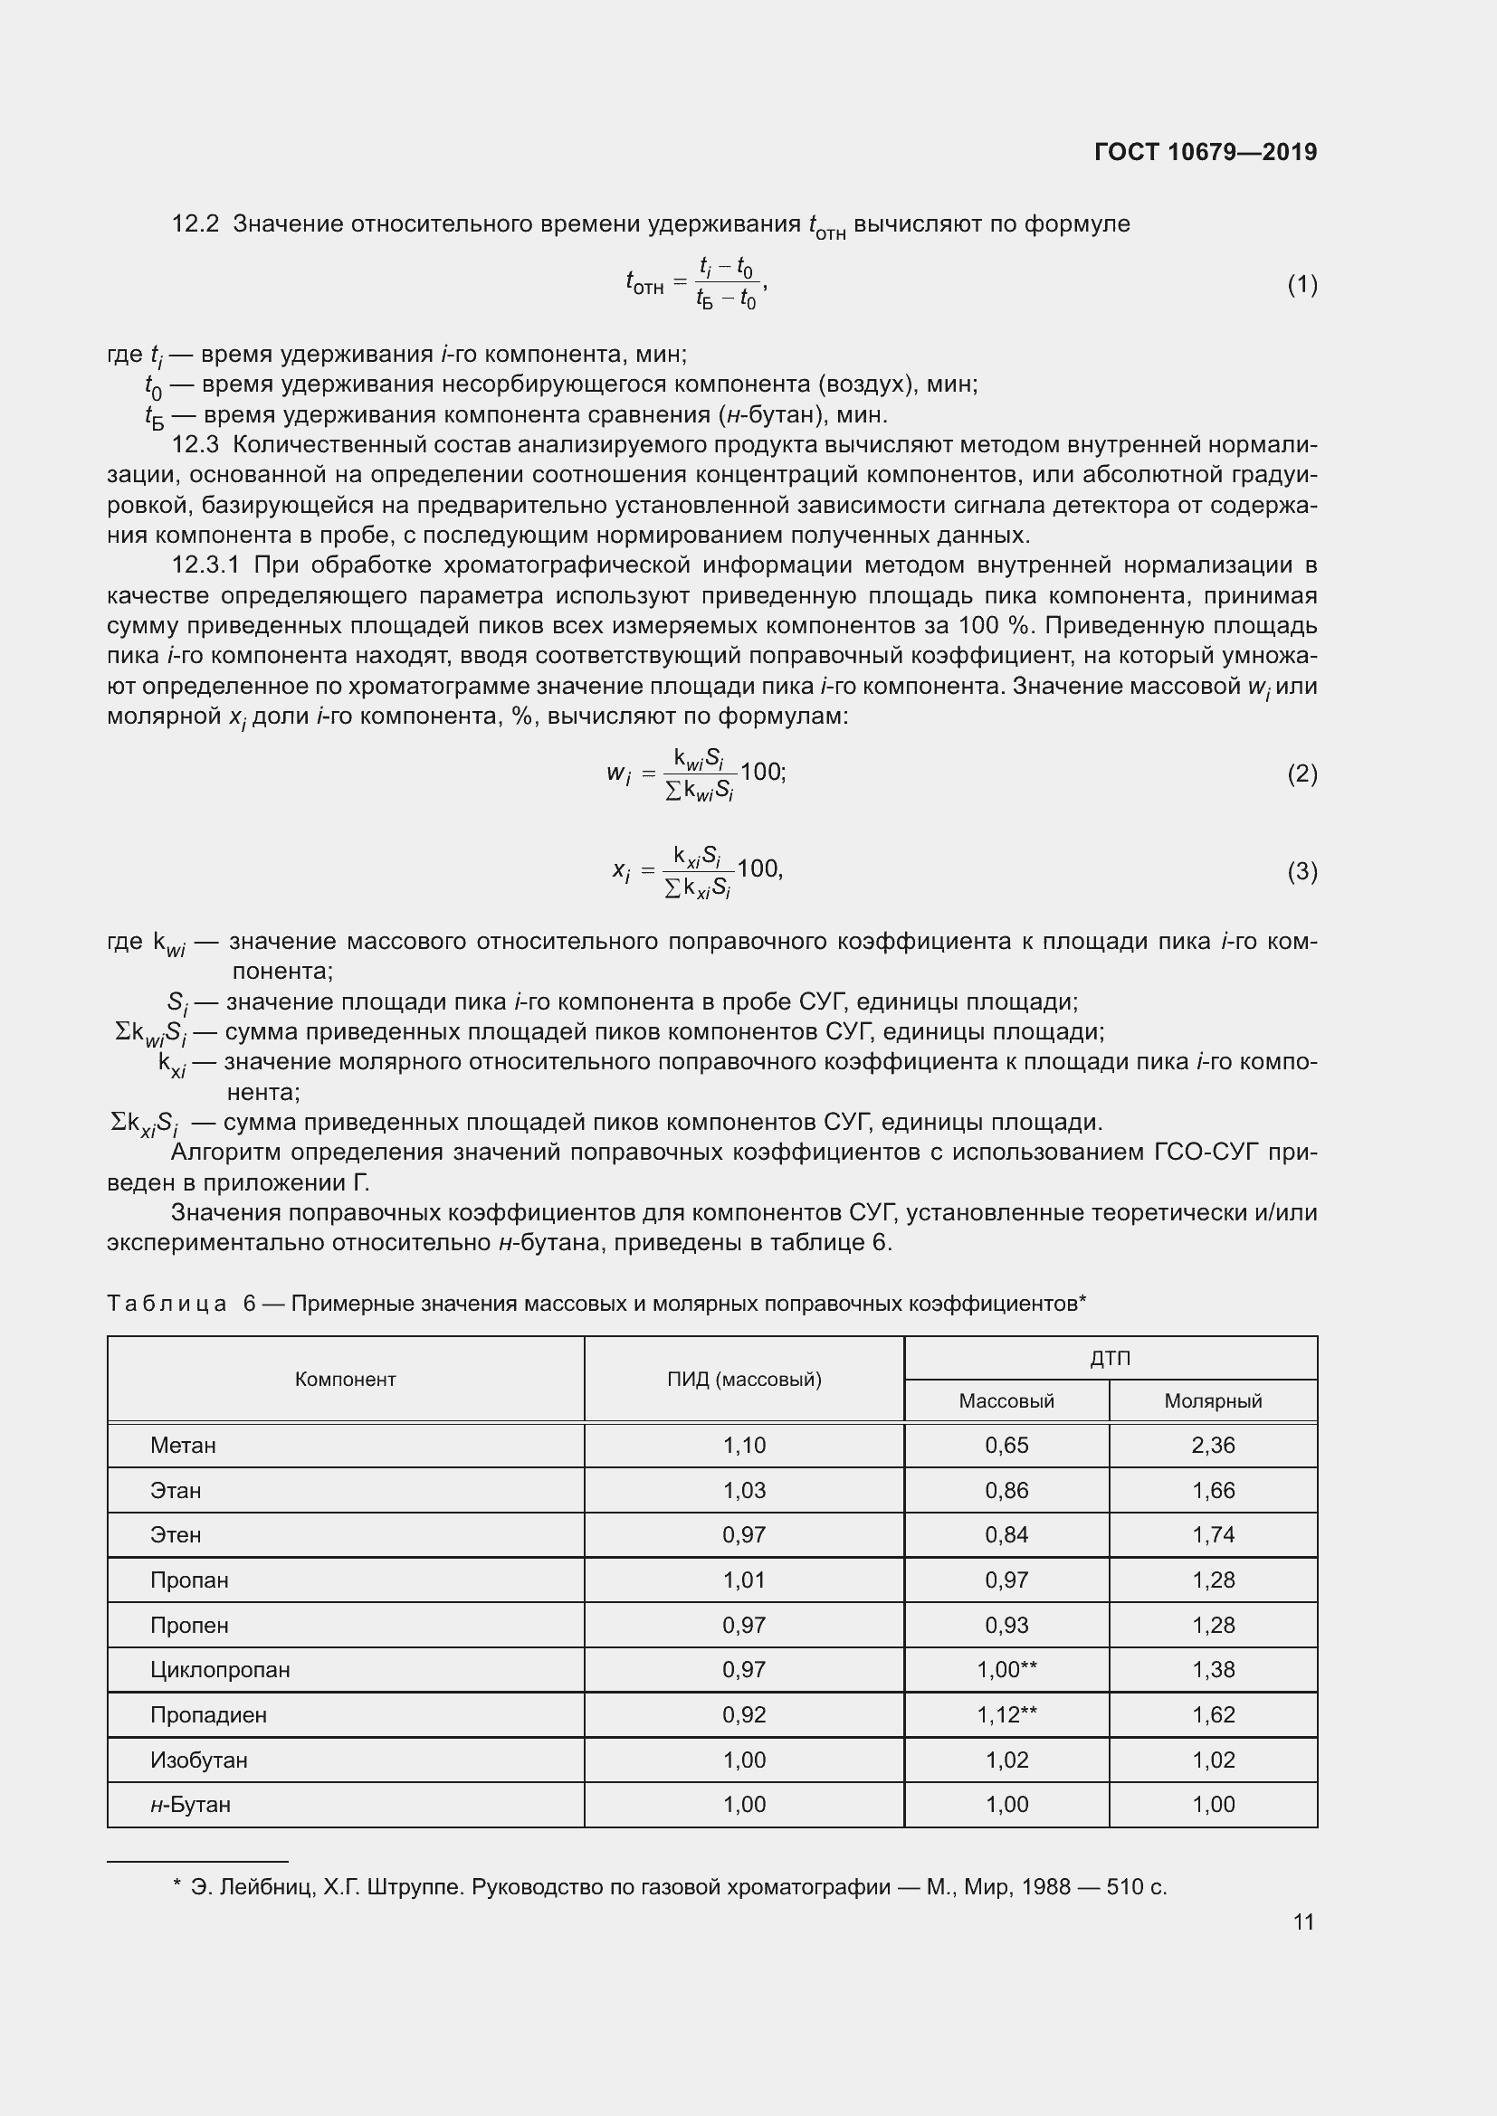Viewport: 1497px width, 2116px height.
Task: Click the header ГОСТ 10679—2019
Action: point(1205,152)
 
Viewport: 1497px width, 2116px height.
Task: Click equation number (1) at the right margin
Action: point(1302,285)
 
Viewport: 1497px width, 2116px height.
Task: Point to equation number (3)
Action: point(1302,871)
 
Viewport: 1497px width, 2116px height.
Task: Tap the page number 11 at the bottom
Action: point(1302,1922)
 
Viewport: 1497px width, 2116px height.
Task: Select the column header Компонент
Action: point(345,1380)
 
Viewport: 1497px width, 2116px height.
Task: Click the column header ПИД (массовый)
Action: point(744,1380)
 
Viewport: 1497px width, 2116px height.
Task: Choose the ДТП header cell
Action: point(1110,1359)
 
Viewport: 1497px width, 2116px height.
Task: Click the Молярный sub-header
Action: point(1212,1401)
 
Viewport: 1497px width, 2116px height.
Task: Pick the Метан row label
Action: point(183,1446)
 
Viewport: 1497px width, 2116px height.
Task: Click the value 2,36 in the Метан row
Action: point(1212,1446)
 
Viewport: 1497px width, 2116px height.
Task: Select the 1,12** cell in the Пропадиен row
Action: point(1006,1715)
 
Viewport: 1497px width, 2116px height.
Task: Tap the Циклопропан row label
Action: point(219,1670)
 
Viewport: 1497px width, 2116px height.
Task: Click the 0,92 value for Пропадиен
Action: point(744,1715)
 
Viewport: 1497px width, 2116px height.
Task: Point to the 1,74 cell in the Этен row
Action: point(1212,1535)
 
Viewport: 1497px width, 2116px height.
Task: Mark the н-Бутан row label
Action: point(190,1805)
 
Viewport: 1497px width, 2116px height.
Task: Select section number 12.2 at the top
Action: point(195,224)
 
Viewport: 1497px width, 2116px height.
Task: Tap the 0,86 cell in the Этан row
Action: point(1006,1491)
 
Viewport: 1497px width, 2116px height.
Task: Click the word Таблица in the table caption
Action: point(167,1303)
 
